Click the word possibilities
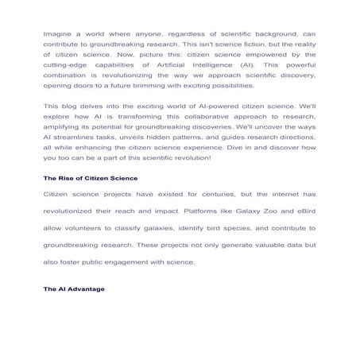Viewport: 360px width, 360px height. click(227, 85)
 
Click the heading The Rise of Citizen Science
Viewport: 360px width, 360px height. click(91, 178)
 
